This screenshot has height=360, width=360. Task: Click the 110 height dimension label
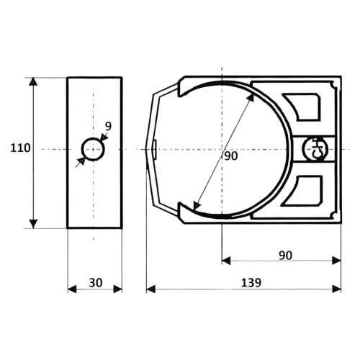click(x=20, y=148)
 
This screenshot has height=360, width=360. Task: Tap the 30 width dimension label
click(x=96, y=283)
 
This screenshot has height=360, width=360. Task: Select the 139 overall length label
click(x=251, y=283)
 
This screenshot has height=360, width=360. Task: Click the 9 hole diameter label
click(x=109, y=127)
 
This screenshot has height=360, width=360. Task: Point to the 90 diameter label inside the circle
click(x=231, y=156)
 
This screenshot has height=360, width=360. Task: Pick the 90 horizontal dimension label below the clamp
click(x=286, y=256)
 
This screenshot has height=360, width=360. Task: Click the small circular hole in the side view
click(x=93, y=149)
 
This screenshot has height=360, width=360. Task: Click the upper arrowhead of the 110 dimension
click(x=33, y=81)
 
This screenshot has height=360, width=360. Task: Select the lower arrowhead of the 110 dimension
click(x=33, y=224)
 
